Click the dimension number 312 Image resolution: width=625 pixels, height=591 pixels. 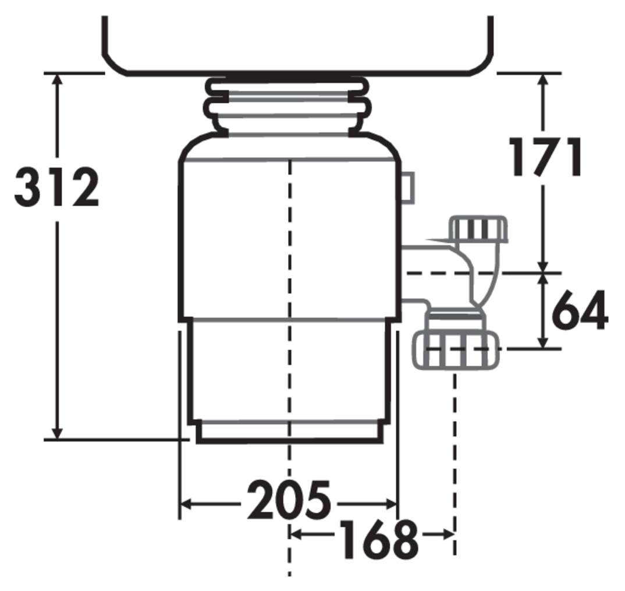pyautogui.click(x=56, y=187)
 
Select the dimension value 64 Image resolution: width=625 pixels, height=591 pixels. pyautogui.click(x=580, y=310)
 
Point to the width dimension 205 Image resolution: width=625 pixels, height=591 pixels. pyautogui.click(x=289, y=499)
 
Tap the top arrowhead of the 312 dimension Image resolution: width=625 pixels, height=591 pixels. pyautogui.click(x=58, y=80)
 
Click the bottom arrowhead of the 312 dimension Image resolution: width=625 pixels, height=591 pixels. pyautogui.click(x=58, y=433)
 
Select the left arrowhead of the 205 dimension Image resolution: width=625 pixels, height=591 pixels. pyautogui.click(x=187, y=504)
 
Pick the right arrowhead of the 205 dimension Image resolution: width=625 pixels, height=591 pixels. pyautogui.click(x=390, y=504)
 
